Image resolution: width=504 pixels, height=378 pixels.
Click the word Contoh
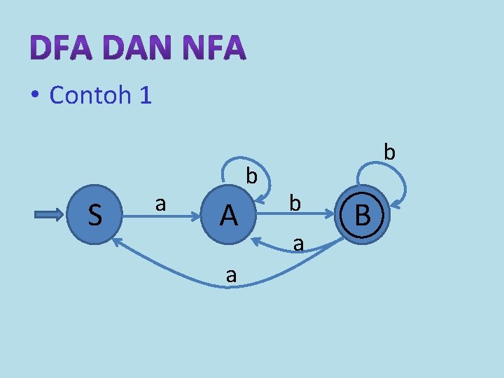(90, 94)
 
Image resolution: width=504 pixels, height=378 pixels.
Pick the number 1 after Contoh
(145, 94)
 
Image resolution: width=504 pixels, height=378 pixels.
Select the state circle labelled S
(95, 215)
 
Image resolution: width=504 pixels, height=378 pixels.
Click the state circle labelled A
(228, 216)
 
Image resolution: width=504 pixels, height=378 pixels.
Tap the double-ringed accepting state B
(362, 215)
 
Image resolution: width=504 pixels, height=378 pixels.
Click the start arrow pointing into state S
(49, 215)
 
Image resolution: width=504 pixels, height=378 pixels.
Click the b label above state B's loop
(390, 151)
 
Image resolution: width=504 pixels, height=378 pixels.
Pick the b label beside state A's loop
(251, 176)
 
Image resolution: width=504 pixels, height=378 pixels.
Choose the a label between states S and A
(160, 204)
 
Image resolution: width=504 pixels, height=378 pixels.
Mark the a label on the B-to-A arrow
(298, 244)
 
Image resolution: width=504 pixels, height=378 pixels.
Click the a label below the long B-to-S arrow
(231, 276)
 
